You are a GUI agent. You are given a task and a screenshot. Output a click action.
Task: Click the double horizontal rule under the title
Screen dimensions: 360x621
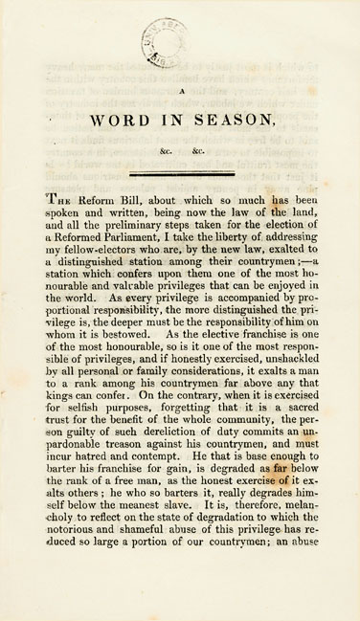pyautogui.click(x=180, y=172)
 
